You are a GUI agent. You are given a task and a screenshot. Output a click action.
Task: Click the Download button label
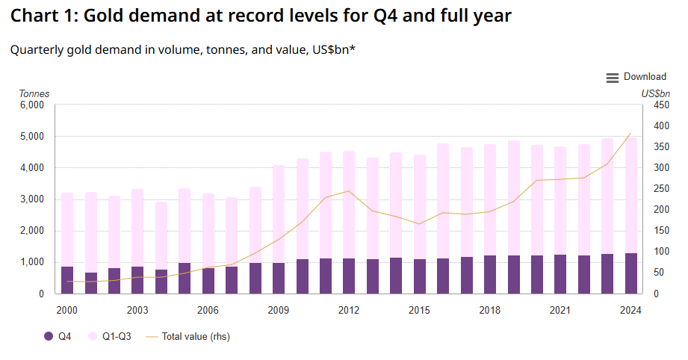point(645,77)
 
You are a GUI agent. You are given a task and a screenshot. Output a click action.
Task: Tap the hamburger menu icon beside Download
point(613,78)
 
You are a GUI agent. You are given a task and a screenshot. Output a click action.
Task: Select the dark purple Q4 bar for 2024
point(631,273)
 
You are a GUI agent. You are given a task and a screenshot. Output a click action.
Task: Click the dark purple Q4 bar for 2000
point(67,280)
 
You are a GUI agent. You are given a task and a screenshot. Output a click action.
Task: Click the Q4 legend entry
point(59,337)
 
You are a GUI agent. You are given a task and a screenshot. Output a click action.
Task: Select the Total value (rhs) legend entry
point(187,337)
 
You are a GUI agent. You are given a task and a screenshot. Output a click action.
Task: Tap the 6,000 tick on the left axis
point(32,105)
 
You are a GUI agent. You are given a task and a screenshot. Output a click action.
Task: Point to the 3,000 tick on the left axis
point(32,199)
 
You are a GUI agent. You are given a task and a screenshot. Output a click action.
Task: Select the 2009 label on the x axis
point(279,309)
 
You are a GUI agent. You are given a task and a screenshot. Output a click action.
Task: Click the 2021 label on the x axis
point(560,309)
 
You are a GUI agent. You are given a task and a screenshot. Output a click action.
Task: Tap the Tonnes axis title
point(34,93)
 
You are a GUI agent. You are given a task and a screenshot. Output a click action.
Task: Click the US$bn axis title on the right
point(656,93)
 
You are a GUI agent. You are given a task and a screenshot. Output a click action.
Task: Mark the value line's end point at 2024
point(631,134)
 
